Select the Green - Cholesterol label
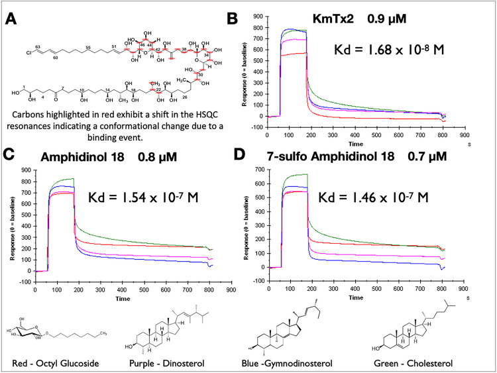click(431, 362)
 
